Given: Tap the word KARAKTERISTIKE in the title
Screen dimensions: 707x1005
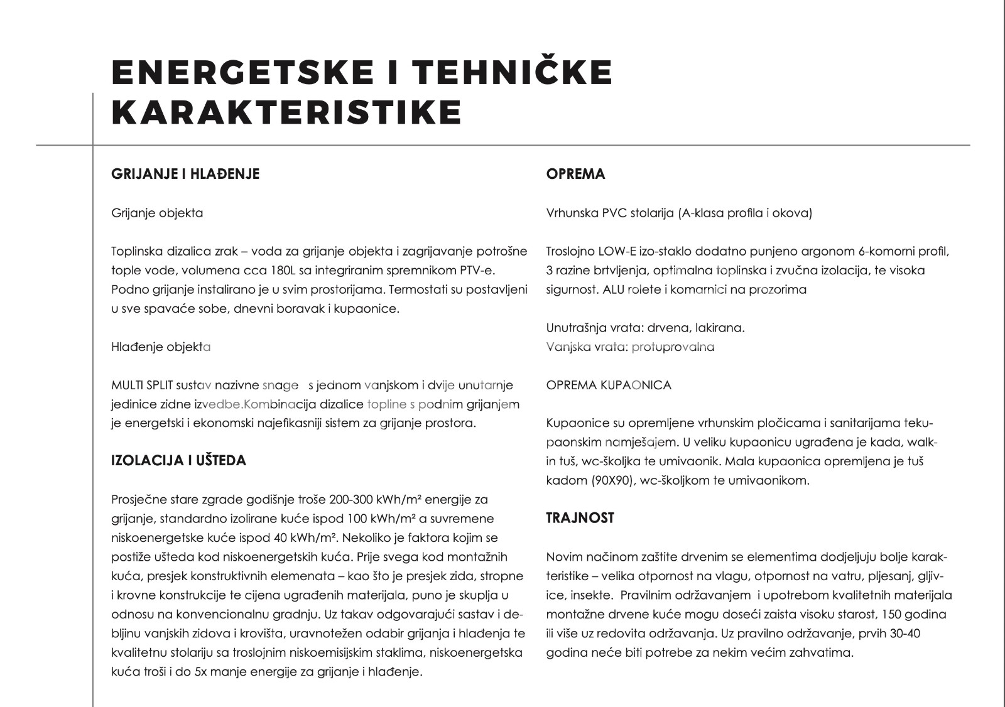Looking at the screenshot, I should click(x=286, y=112).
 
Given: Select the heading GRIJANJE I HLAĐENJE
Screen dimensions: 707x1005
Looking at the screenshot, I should click(x=185, y=174).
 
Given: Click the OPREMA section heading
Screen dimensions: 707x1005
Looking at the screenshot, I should click(x=575, y=174).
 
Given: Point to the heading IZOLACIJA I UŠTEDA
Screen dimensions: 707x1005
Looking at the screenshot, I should click(x=178, y=461).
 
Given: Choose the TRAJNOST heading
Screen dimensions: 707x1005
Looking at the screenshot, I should click(x=580, y=518).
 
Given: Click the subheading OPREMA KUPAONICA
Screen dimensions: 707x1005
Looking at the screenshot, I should click(x=609, y=385).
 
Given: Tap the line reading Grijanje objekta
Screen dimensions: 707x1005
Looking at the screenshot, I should click(x=157, y=213).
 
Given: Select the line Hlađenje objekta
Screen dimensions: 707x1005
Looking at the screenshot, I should click(x=161, y=347).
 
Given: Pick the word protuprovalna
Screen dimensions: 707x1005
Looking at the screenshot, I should click(x=673, y=347).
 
